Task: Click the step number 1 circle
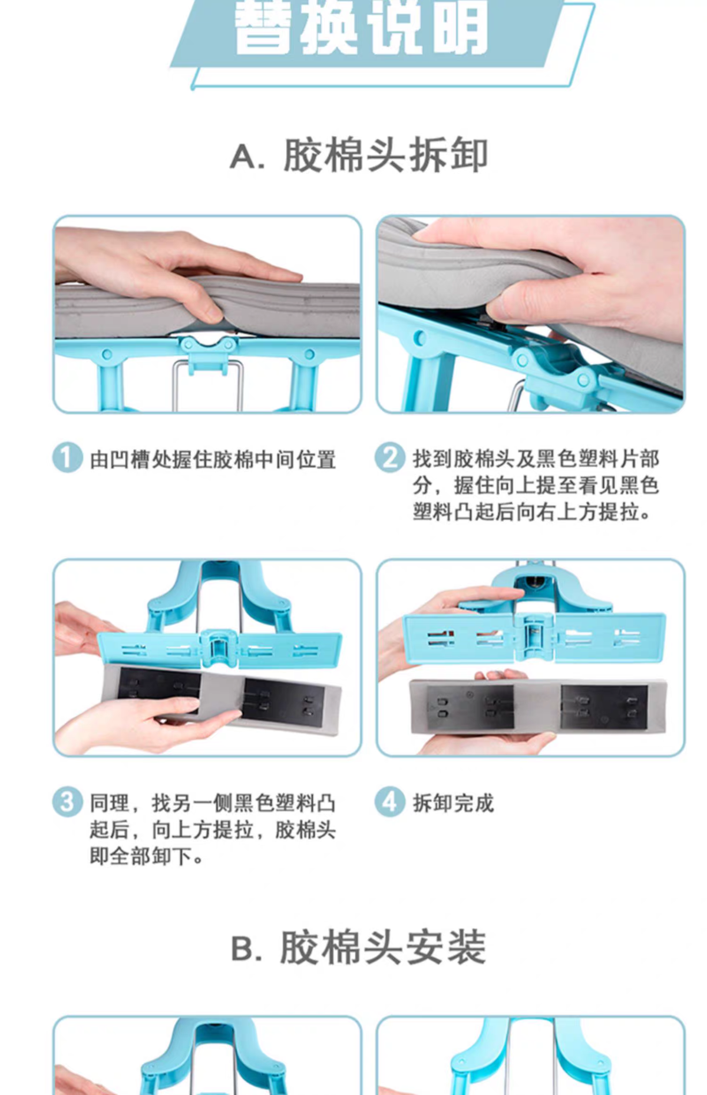pos(67,459)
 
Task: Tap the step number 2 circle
pos(390,458)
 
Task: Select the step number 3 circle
pos(67,802)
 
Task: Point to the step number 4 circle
pos(390,802)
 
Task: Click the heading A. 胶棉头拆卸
pos(359,156)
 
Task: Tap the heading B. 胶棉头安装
pos(359,947)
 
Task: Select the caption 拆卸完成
pos(453,803)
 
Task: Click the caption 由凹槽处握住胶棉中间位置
pos(213,460)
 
